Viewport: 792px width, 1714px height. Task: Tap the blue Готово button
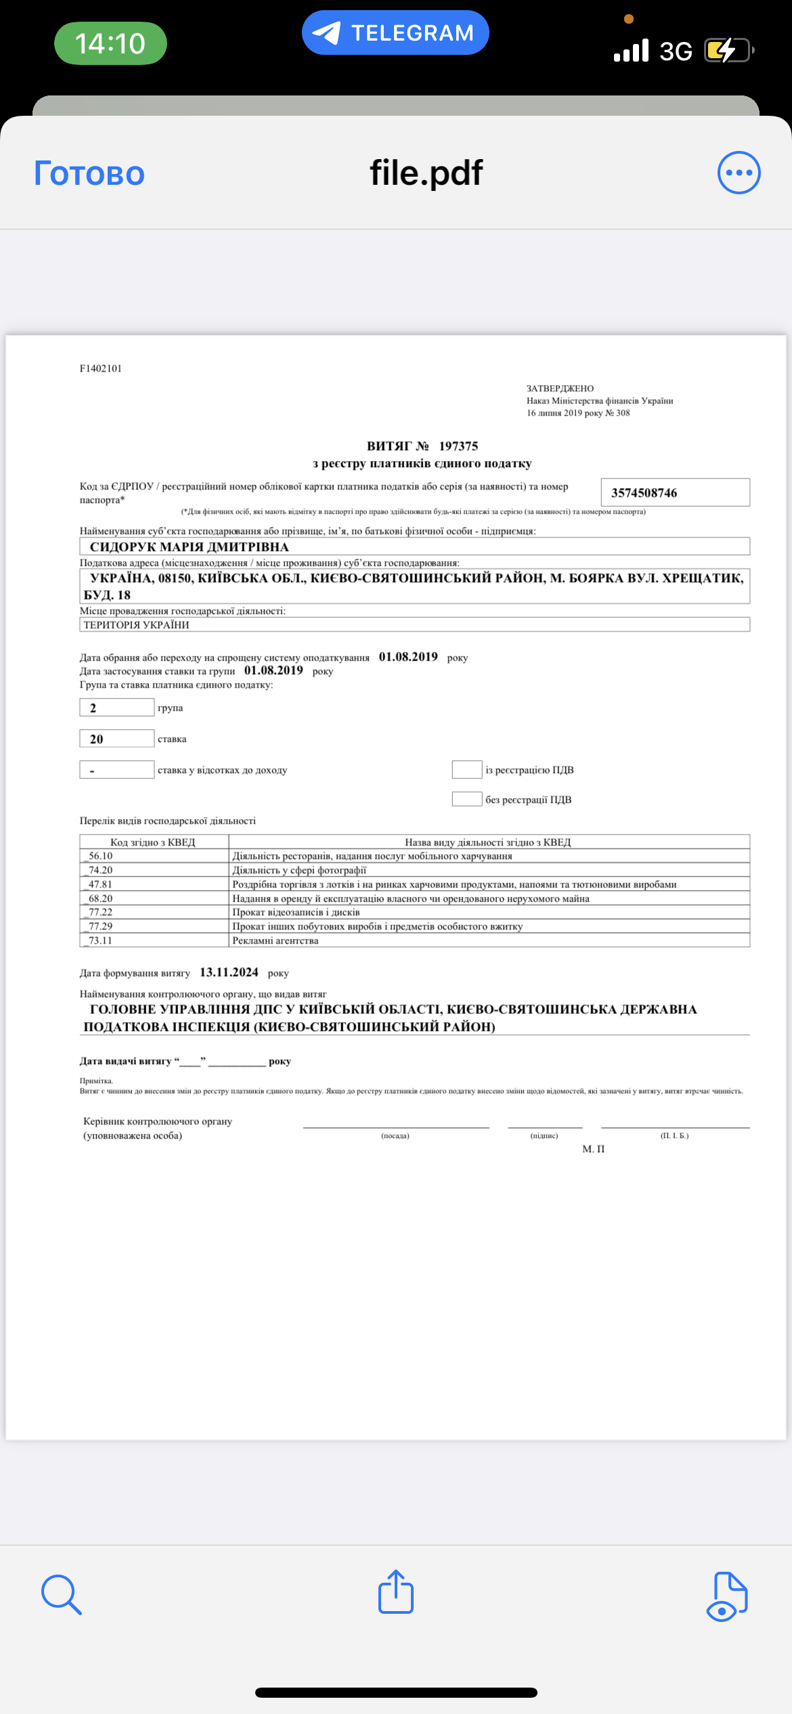[89, 173]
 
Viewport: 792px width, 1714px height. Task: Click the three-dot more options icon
[739, 173]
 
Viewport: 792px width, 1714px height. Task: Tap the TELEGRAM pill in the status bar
[395, 32]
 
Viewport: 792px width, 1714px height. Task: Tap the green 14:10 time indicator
[110, 43]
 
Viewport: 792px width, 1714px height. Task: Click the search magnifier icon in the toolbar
[61, 1594]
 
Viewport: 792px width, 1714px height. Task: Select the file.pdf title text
[426, 173]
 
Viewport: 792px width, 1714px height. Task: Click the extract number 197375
[458, 446]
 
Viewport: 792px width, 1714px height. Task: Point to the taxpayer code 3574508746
[644, 493]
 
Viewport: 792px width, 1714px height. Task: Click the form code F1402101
[101, 368]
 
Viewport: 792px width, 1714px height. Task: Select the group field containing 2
[116, 707]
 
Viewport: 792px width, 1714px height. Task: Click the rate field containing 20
[116, 739]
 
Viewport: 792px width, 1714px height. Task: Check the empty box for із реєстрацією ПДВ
[466, 770]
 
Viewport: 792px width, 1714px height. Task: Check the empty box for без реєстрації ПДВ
[466, 799]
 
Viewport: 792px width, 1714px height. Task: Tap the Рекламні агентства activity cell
[276, 940]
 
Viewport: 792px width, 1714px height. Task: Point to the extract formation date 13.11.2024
[229, 972]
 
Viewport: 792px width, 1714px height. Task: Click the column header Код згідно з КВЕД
[153, 842]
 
